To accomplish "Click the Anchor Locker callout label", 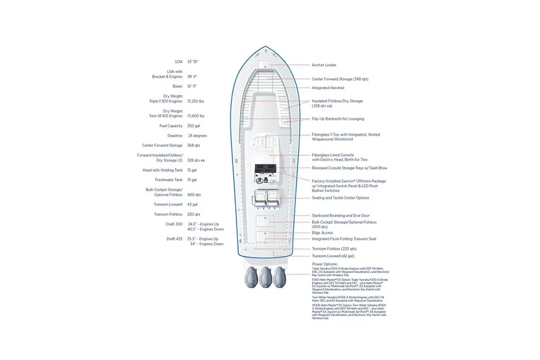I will coord(323,66).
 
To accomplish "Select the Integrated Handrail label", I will coord(328,88).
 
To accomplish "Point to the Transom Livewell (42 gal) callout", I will coord(333,256).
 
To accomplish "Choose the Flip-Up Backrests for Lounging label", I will coord(338,119).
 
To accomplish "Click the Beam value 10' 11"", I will coord(193,87).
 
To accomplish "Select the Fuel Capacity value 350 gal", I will coord(195,126).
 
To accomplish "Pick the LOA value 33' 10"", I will coord(193,61).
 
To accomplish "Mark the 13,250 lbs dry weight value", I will coord(197,100).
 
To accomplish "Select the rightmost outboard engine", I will coord(286,277).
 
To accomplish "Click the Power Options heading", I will coord(324,264).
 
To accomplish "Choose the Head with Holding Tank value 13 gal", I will coord(192,170).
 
